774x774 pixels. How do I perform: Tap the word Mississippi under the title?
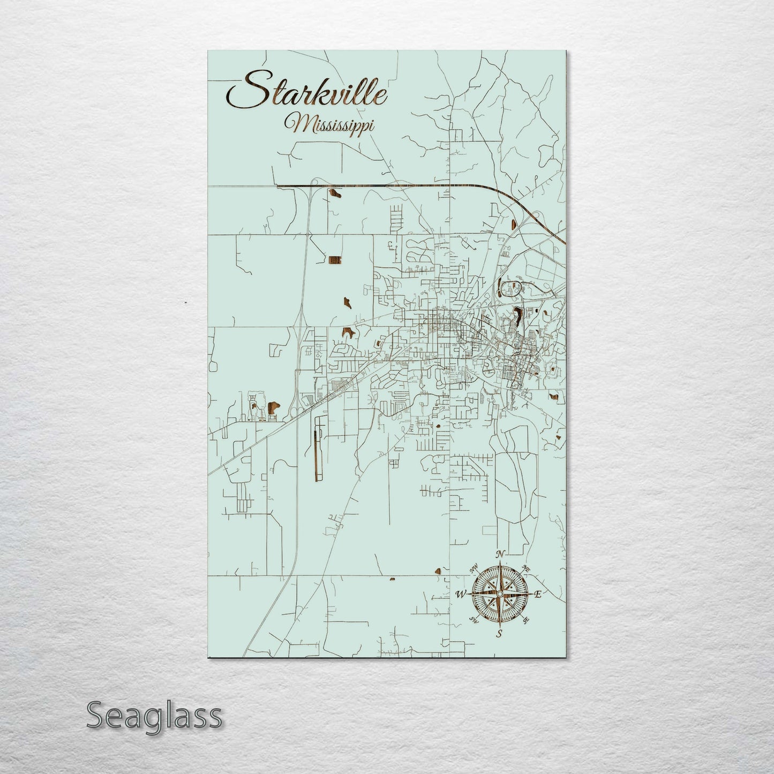pyautogui.click(x=329, y=124)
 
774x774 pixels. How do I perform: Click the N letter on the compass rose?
pyautogui.click(x=500, y=554)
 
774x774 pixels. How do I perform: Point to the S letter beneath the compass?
pyautogui.click(x=499, y=634)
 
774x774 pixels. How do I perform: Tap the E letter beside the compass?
pyautogui.click(x=538, y=594)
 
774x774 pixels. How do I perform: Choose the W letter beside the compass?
pyautogui.click(x=461, y=594)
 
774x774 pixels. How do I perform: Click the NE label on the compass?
pyautogui.click(x=525, y=568)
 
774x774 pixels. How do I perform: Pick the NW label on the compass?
pyautogui.click(x=474, y=568)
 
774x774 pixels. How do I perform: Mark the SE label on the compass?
pyautogui.click(x=526, y=620)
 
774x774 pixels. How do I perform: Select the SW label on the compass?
pyautogui.click(x=474, y=620)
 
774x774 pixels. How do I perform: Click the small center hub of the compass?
pyautogui.click(x=500, y=594)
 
